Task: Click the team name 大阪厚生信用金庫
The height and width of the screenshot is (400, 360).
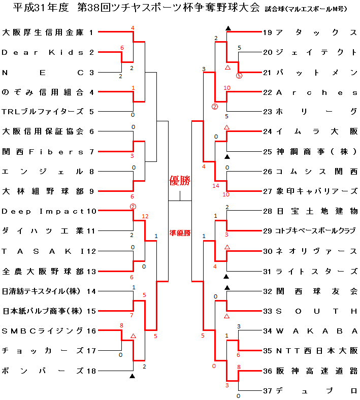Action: [x=43, y=32]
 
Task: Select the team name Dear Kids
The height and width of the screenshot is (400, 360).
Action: [x=43, y=53]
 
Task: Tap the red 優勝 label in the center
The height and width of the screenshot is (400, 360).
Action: [x=180, y=181]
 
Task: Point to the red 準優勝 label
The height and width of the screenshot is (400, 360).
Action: [x=180, y=233]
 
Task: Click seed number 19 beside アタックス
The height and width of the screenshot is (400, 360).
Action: [x=268, y=32]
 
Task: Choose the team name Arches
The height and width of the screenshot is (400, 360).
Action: [x=317, y=92]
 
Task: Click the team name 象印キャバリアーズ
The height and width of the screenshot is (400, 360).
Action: [x=317, y=191]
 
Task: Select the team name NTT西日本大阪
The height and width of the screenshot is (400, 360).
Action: [x=317, y=351]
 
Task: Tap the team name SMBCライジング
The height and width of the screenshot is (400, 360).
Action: [x=43, y=331]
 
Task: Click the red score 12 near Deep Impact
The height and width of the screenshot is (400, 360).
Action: [x=145, y=216]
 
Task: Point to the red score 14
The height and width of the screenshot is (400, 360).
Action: [x=216, y=186]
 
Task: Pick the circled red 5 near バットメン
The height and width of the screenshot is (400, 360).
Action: [x=239, y=76]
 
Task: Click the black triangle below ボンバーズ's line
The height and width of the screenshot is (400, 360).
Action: [x=132, y=376]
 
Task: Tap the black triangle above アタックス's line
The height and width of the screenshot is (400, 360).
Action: [x=228, y=28]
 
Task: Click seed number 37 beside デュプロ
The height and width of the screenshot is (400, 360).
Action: [x=268, y=391]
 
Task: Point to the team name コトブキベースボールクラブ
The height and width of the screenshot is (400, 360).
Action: [x=316, y=231]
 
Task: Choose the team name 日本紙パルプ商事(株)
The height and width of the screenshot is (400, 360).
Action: [x=42, y=311]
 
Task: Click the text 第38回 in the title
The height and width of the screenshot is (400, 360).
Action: [x=94, y=8]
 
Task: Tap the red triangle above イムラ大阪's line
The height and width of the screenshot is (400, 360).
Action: [x=226, y=127]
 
